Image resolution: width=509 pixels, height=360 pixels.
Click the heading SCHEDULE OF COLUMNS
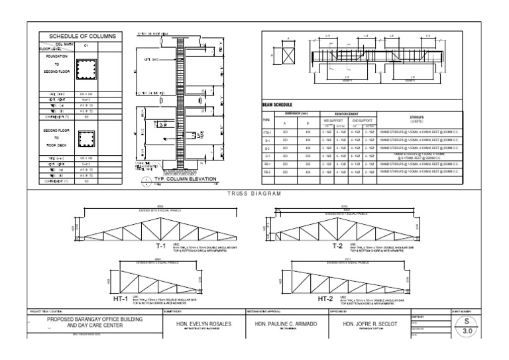point(78,36)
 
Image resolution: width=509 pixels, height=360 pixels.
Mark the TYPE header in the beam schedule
point(267,121)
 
